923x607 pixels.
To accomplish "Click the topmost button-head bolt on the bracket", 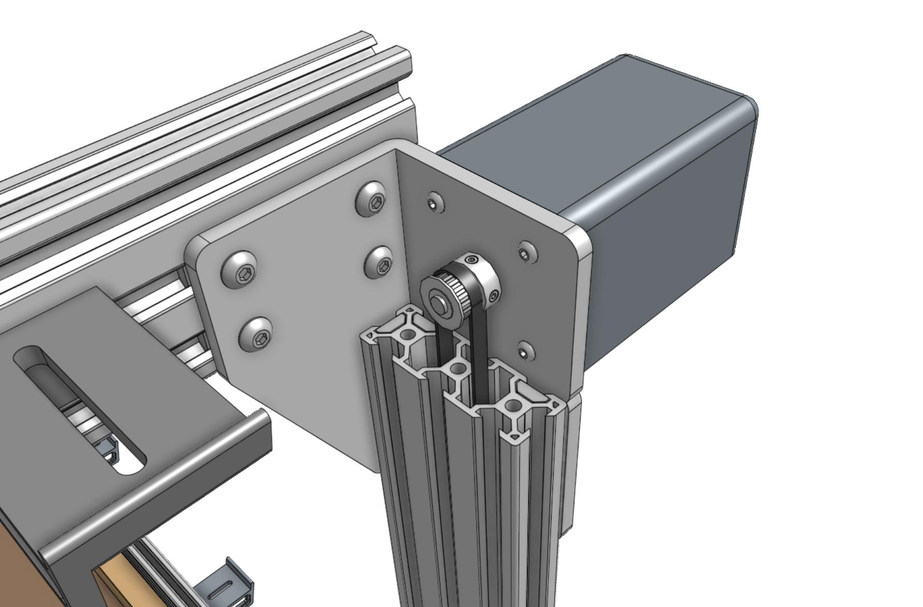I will [x=371, y=197].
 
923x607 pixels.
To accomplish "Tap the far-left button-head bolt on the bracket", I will [x=240, y=269].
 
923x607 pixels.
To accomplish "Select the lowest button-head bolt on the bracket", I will [x=256, y=334].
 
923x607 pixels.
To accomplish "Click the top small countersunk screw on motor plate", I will [x=434, y=203].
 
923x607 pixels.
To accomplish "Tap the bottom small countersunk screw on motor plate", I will [x=526, y=350].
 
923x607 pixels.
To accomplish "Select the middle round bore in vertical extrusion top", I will [x=457, y=369].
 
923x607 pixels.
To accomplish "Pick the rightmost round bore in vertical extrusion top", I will [x=512, y=404].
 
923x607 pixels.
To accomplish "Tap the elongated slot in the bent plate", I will [x=78, y=409].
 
